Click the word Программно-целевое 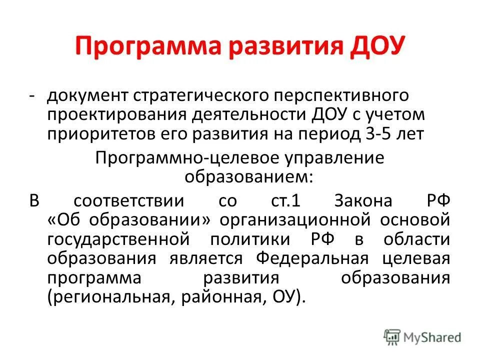(177, 158)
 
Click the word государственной (118, 239)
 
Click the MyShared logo (422, 337)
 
